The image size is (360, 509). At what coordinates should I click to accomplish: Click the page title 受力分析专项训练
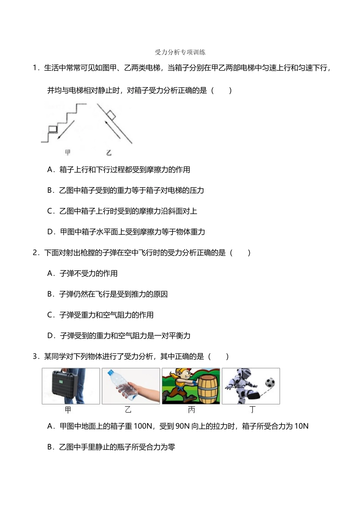click(x=180, y=52)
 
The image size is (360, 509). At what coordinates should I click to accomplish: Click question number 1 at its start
click(x=36, y=68)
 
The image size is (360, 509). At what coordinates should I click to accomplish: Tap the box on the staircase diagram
click(x=53, y=128)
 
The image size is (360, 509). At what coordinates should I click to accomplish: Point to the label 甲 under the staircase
click(x=68, y=153)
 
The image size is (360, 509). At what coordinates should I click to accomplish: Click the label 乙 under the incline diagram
click(x=109, y=153)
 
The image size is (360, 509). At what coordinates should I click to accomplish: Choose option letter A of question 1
click(x=51, y=170)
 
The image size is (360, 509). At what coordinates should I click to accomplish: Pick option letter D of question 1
click(x=51, y=232)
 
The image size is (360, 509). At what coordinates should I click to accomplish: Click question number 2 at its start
click(x=36, y=253)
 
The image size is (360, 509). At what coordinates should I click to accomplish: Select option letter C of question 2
click(x=51, y=315)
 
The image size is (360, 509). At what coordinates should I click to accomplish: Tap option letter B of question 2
click(x=51, y=294)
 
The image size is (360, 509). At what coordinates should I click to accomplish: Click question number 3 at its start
click(x=36, y=356)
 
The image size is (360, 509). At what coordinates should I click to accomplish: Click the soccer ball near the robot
click(x=270, y=383)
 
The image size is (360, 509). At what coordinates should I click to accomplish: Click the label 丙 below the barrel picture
click(x=191, y=410)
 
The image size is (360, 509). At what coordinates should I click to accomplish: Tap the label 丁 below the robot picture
click(x=252, y=410)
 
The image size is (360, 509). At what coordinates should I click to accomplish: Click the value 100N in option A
click(x=143, y=426)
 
